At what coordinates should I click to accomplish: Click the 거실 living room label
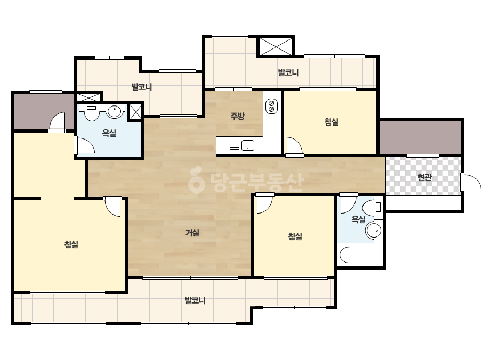192,233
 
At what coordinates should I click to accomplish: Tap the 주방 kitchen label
238,116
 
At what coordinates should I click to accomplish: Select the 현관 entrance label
424,177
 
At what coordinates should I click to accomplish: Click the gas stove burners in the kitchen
272,106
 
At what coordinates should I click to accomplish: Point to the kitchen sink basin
247,145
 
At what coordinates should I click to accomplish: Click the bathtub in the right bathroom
358,255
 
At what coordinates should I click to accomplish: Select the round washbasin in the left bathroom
114,111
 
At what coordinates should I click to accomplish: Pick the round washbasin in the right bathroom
374,231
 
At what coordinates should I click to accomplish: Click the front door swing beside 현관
471,182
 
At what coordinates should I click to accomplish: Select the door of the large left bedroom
112,206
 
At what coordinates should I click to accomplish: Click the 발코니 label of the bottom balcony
195,300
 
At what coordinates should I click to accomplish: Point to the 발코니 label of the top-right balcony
288,72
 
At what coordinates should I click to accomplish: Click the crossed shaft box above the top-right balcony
275,46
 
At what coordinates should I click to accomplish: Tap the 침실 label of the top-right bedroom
332,121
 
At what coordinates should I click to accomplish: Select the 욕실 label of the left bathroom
109,133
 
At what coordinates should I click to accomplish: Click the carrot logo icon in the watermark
196,179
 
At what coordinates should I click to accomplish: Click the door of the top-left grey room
58,122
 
